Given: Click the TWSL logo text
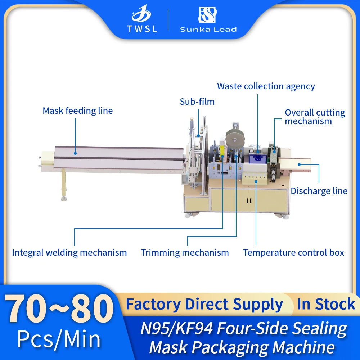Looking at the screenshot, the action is [142, 29].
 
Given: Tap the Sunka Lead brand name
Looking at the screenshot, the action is [208, 30].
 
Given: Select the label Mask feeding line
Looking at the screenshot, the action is [78, 111].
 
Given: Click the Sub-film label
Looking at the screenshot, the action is [197, 102].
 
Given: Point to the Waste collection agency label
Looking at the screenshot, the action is [266, 86].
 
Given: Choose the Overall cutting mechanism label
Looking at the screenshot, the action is [315, 117].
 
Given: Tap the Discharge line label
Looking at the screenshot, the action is [319, 191].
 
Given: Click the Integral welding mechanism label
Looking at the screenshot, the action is [69, 252].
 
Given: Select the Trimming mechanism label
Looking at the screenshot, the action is [185, 252].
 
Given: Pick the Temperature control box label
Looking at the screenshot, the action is [293, 252].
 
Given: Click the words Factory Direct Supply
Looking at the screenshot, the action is [204, 305].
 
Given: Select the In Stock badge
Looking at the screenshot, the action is [326, 305].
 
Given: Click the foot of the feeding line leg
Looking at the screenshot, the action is [64, 198].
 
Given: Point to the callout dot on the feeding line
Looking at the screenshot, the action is [75, 153].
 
